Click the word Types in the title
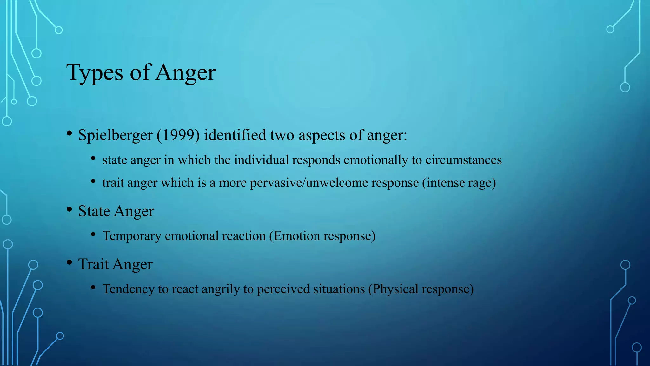pyautogui.click(x=95, y=73)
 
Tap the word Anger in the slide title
pyautogui.click(x=186, y=73)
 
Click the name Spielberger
pyautogui.click(x=115, y=135)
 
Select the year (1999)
pyautogui.click(x=178, y=135)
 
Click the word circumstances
pyautogui.click(x=463, y=160)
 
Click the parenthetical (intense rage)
pyautogui.click(x=459, y=183)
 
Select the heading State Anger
pyautogui.click(x=116, y=211)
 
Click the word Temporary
pyautogui.click(x=132, y=236)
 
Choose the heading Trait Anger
pyautogui.click(x=115, y=264)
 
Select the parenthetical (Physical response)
pyautogui.click(x=421, y=289)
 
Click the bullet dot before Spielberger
pyautogui.click(x=69, y=133)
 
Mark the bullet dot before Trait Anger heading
pyautogui.click(x=69, y=263)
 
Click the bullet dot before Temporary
pyautogui.click(x=93, y=235)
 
